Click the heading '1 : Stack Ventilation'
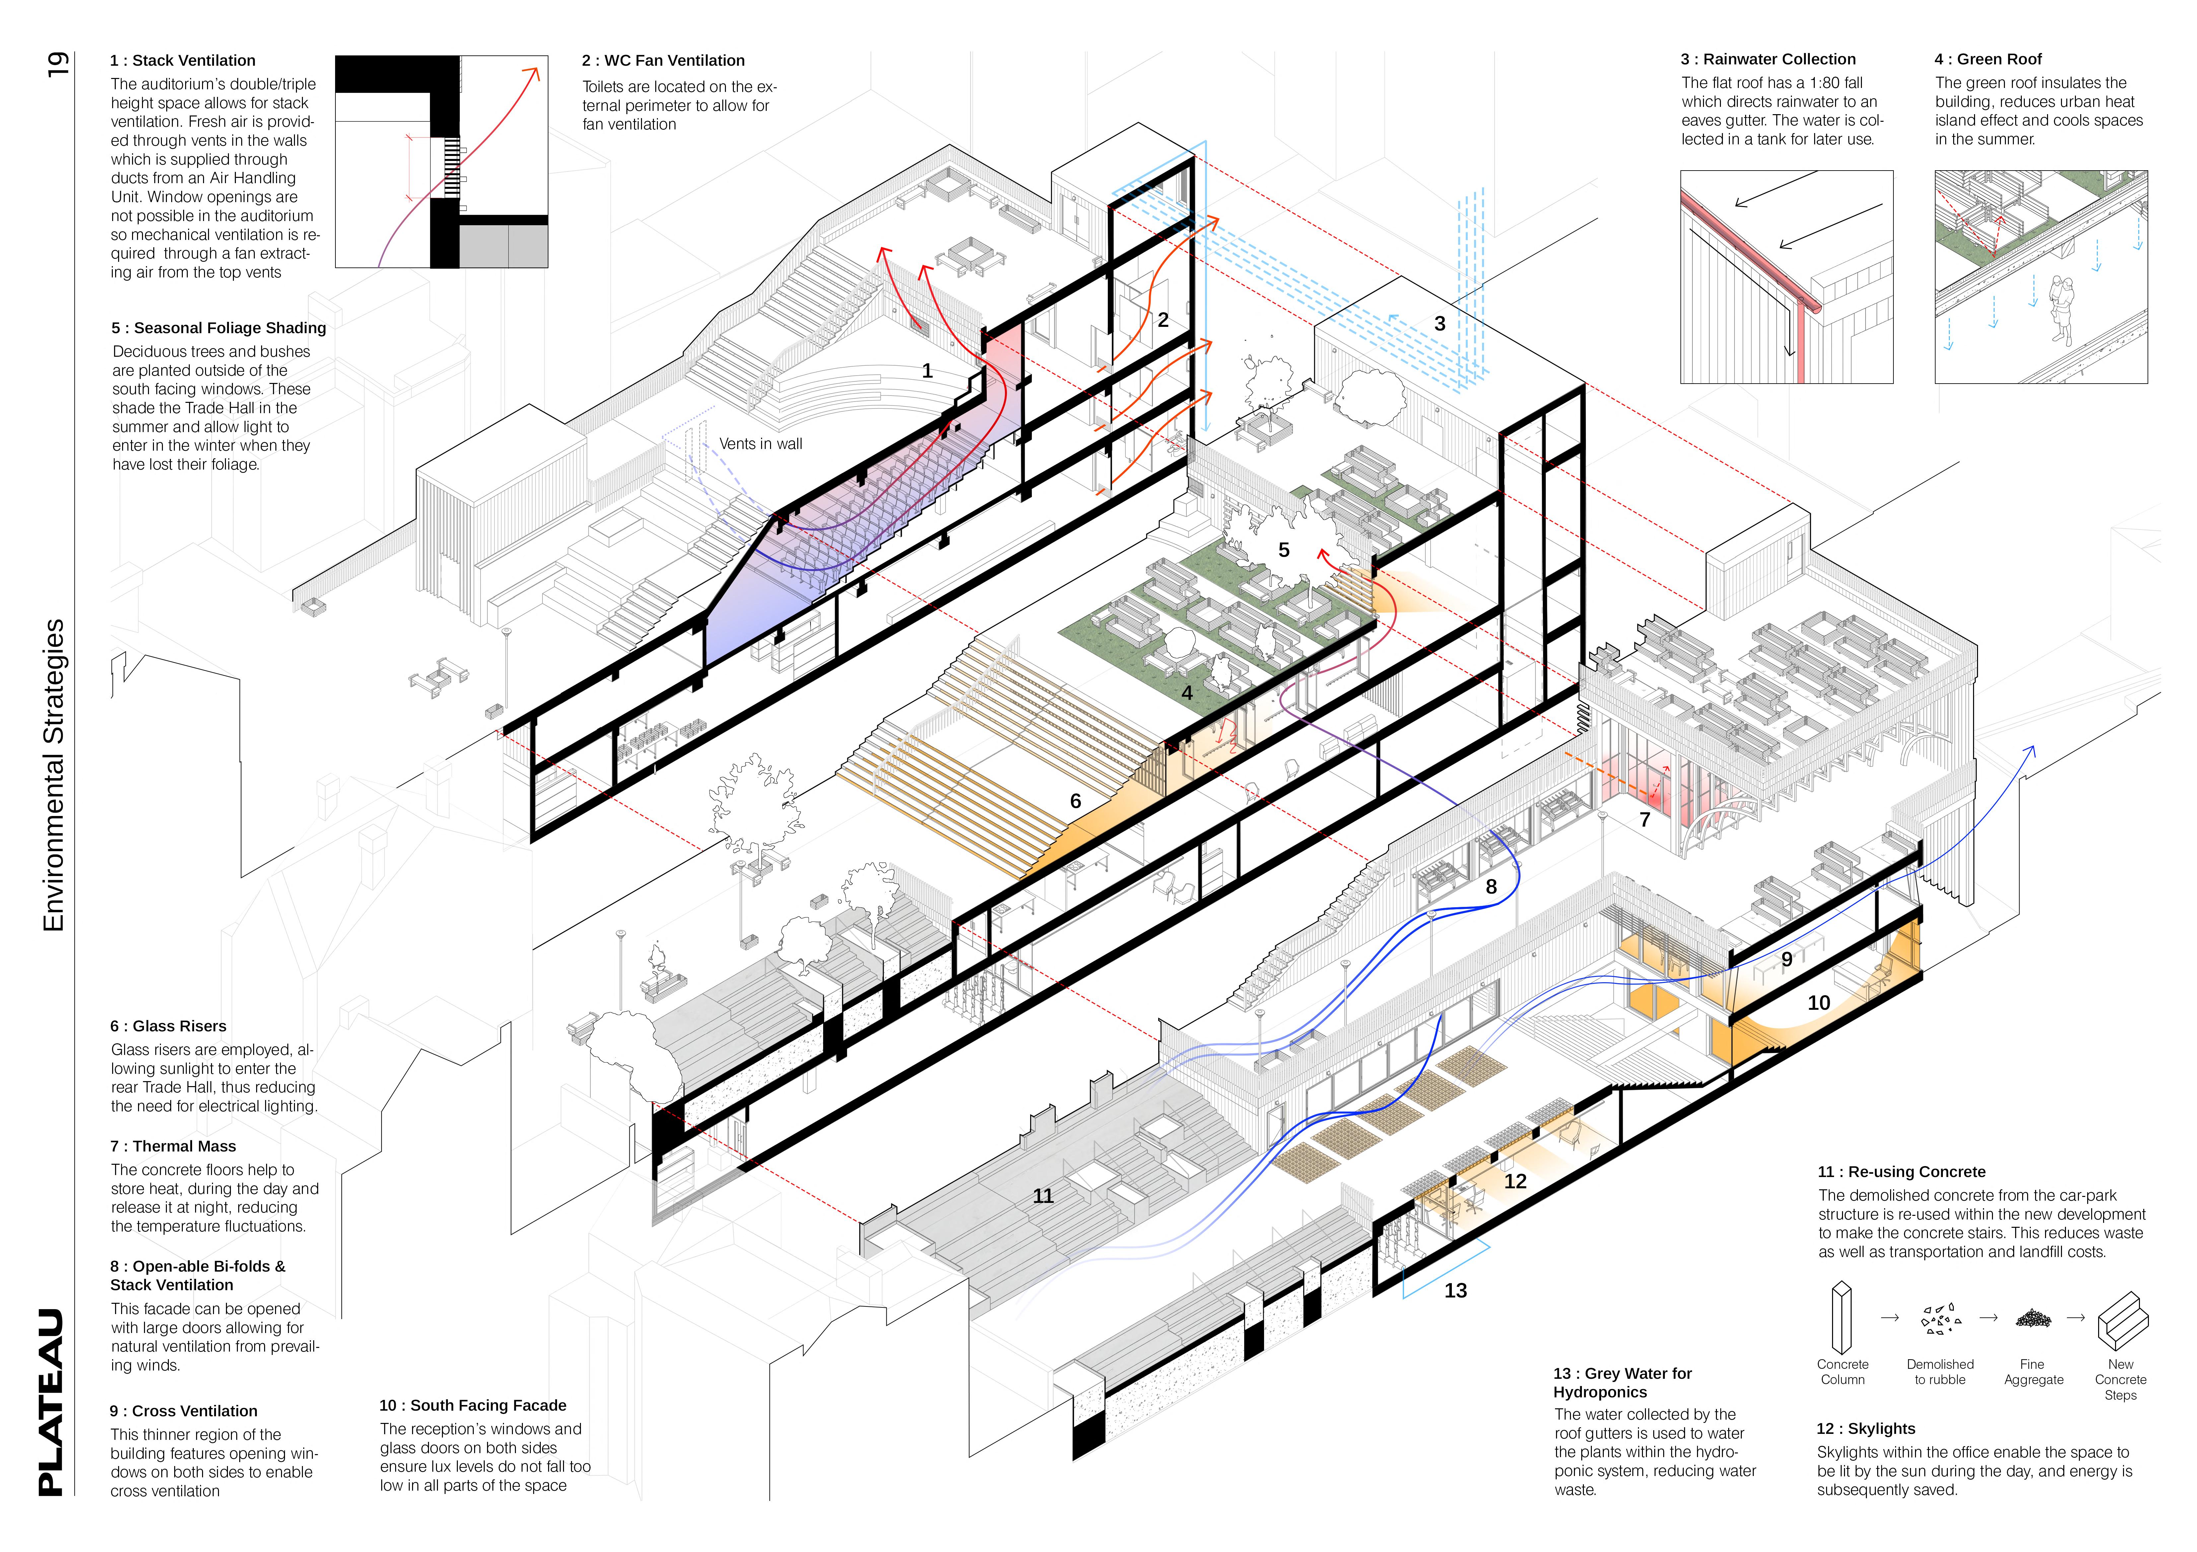coord(183,60)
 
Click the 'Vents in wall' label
coord(761,444)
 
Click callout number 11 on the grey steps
coord(1043,1196)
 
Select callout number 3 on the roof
coord(1439,324)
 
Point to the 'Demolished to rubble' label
coord(1940,1372)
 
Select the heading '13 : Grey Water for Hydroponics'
coord(1622,1383)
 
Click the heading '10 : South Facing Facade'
coord(473,1406)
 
